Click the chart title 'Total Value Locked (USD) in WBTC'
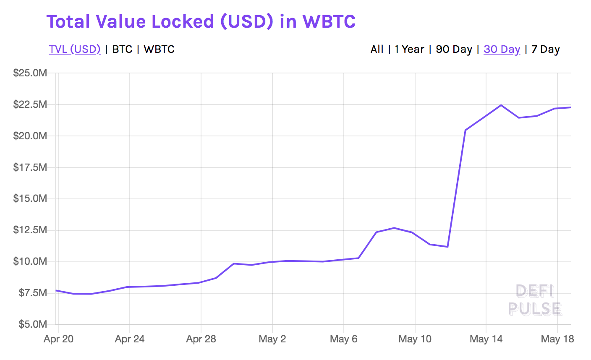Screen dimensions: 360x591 [201, 21]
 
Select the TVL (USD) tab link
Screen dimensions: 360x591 [75, 49]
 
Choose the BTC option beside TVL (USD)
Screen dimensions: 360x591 [123, 49]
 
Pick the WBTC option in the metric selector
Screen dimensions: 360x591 [159, 49]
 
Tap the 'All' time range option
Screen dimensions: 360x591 [377, 49]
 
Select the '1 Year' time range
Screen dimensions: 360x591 [409, 49]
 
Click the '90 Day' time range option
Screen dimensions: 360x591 [454, 49]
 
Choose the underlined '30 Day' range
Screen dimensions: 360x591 [502, 49]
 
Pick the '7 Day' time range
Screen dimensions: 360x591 [545, 49]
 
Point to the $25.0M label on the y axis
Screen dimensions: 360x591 [30, 73]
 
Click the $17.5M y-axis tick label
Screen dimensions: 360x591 [30, 167]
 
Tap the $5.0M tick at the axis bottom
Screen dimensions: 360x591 [32, 324]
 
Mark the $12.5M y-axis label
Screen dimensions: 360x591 [30, 230]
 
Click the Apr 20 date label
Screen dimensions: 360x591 [58, 339]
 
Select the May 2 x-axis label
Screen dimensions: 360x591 [272, 339]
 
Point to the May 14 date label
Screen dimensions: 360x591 [486, 339]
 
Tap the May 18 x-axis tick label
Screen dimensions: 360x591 [557, 339]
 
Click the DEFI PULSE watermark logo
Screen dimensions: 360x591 [535, 300]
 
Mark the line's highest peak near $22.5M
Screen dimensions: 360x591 [501, 105]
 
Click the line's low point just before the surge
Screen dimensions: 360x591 [447, 246]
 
